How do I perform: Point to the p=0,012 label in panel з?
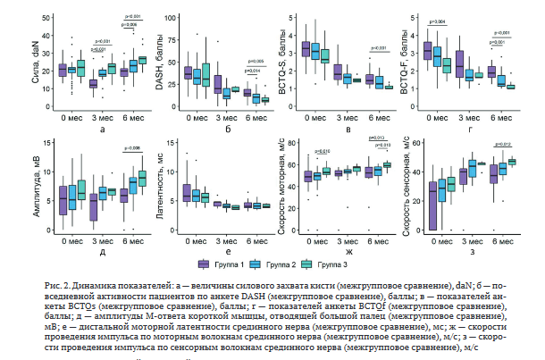pos(499,143)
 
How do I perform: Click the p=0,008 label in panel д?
pos(130,147)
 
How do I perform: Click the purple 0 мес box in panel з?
pos(434,206)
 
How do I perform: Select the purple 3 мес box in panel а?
pos(92,83)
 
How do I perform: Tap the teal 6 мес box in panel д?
pos(141,178)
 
